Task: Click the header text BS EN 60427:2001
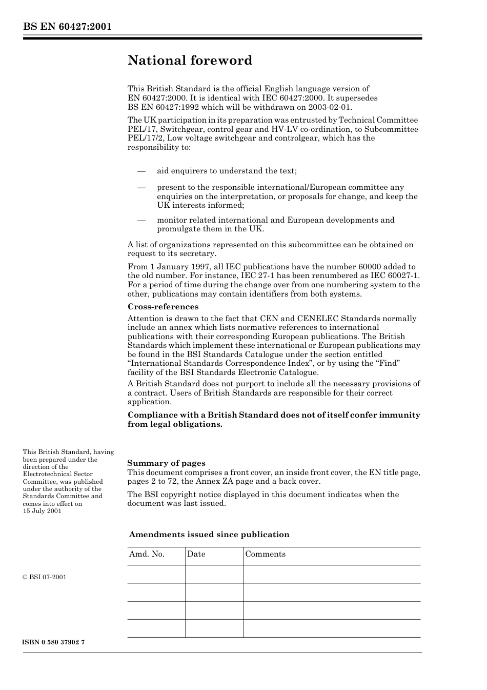(x=67, y=27)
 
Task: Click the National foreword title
(x=190, y=61)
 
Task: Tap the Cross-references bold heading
(x=163, y=307)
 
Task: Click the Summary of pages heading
(x=166, y=463)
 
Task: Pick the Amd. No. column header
(x=147, y=554)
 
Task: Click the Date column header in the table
(x=196, y=554)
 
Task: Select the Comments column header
(x=265, y=554)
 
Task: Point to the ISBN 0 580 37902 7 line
(x=53, y=643)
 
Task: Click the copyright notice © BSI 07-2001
(x=45, y=577)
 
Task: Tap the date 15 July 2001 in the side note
(x=42, y=511)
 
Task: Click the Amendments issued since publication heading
(x=209, y=535)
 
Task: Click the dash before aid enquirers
(x=141, y=171)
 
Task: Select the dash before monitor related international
(x=141, y=220)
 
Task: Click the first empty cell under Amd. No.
(x=156, y=574)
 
